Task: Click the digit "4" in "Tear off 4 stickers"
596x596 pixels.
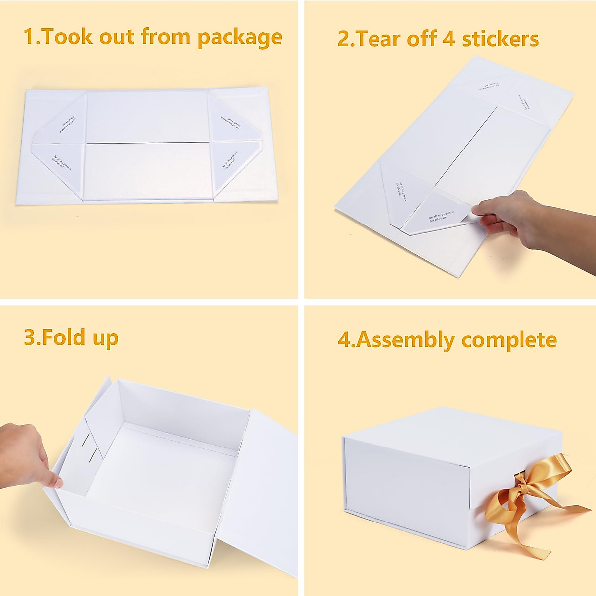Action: pos(448,39)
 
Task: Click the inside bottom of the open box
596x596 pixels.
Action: pos(159,462)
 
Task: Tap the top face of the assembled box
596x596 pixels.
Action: pos(447,427)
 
